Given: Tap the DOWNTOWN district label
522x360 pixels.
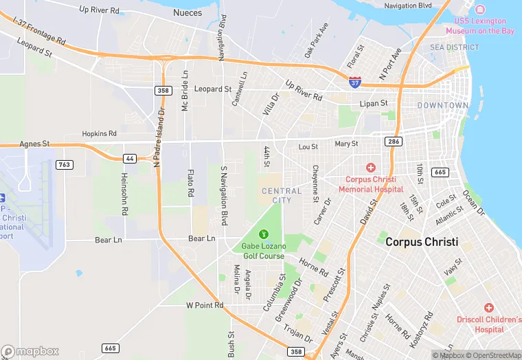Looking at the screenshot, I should click(x=443, y=106).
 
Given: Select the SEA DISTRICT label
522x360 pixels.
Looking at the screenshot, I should click(x=454, y=47).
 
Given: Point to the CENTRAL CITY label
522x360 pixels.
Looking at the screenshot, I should click(x=282, y=196).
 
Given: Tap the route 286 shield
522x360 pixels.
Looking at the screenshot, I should click(x=394, y=141).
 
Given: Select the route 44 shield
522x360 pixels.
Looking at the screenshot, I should click(x=129, y=159).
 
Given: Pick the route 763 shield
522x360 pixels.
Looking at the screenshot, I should click(x=65, y=164).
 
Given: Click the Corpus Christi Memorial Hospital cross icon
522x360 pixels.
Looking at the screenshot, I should click(x=371, y=168).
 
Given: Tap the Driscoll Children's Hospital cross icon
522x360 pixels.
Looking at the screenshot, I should click(x=488, y=308).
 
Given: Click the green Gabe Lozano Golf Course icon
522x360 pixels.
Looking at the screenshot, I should click(x=262, y=235).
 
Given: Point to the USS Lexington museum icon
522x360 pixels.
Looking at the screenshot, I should click(x=480, y=10).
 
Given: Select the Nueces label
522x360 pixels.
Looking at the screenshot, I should click(x=188, y=12).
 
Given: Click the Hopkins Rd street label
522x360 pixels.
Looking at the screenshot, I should click(x=100, y=133).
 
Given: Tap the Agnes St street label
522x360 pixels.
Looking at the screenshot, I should click(x=36, y=144).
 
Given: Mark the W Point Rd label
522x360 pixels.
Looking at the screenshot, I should click(x=205, y=305).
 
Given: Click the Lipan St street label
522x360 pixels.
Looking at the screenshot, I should click(x=374, y=104).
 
